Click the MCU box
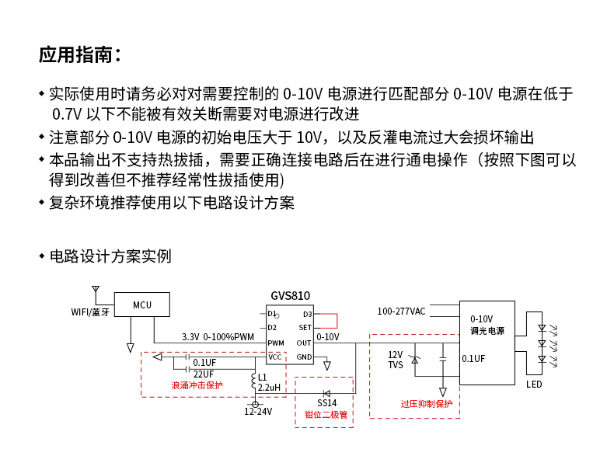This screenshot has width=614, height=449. point(141,305)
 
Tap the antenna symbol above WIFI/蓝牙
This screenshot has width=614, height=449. point(96,291)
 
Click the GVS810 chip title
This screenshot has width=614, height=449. point(290,296)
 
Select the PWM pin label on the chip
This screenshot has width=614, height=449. point(276,343)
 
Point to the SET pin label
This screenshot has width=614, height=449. point(305,328)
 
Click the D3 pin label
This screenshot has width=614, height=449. point(307,314)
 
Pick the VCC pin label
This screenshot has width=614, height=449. point(275,357)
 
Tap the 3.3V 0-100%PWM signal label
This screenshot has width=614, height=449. point(218,337)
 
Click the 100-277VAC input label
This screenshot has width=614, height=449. point(401,312)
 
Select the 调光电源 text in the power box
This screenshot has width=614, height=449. point(487,331)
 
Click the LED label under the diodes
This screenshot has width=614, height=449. point(534,385)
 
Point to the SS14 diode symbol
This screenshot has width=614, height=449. point(327,392)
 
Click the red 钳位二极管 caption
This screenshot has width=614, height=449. point(326,414)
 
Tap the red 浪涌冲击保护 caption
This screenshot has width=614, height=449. point(197,385)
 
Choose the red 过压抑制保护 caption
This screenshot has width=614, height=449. point(426,404)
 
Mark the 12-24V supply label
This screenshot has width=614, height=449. point(258,412)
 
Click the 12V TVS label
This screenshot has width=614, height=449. point(396,359)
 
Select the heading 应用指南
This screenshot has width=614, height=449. point(79,55)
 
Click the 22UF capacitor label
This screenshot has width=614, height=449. point(204,374)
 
